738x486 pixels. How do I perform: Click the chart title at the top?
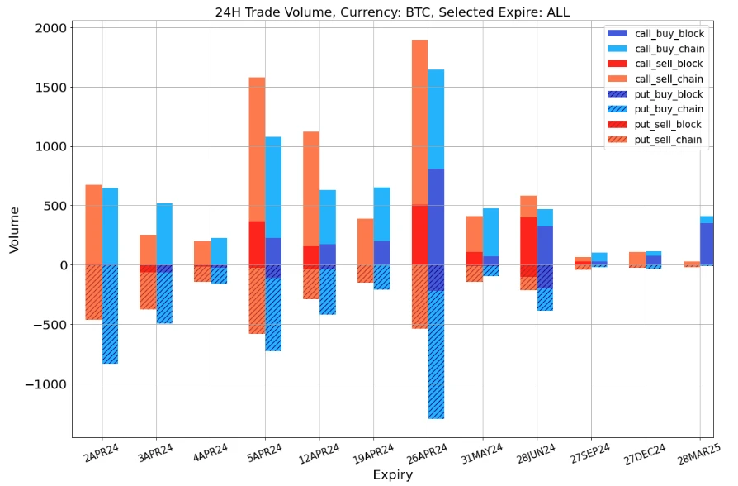tap(392, 12)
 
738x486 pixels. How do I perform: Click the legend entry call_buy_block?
tap(669, 34)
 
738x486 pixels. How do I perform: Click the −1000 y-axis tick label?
tap(44, 384)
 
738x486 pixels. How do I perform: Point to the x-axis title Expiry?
tap(392, 475)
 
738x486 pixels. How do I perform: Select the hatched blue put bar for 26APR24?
tap(437, 355)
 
